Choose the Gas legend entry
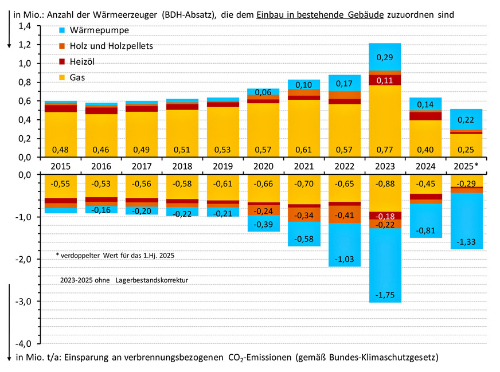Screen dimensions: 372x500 79,77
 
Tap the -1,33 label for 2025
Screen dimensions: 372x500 466,242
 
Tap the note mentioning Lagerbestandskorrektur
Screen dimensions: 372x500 124,280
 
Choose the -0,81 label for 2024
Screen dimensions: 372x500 425,230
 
